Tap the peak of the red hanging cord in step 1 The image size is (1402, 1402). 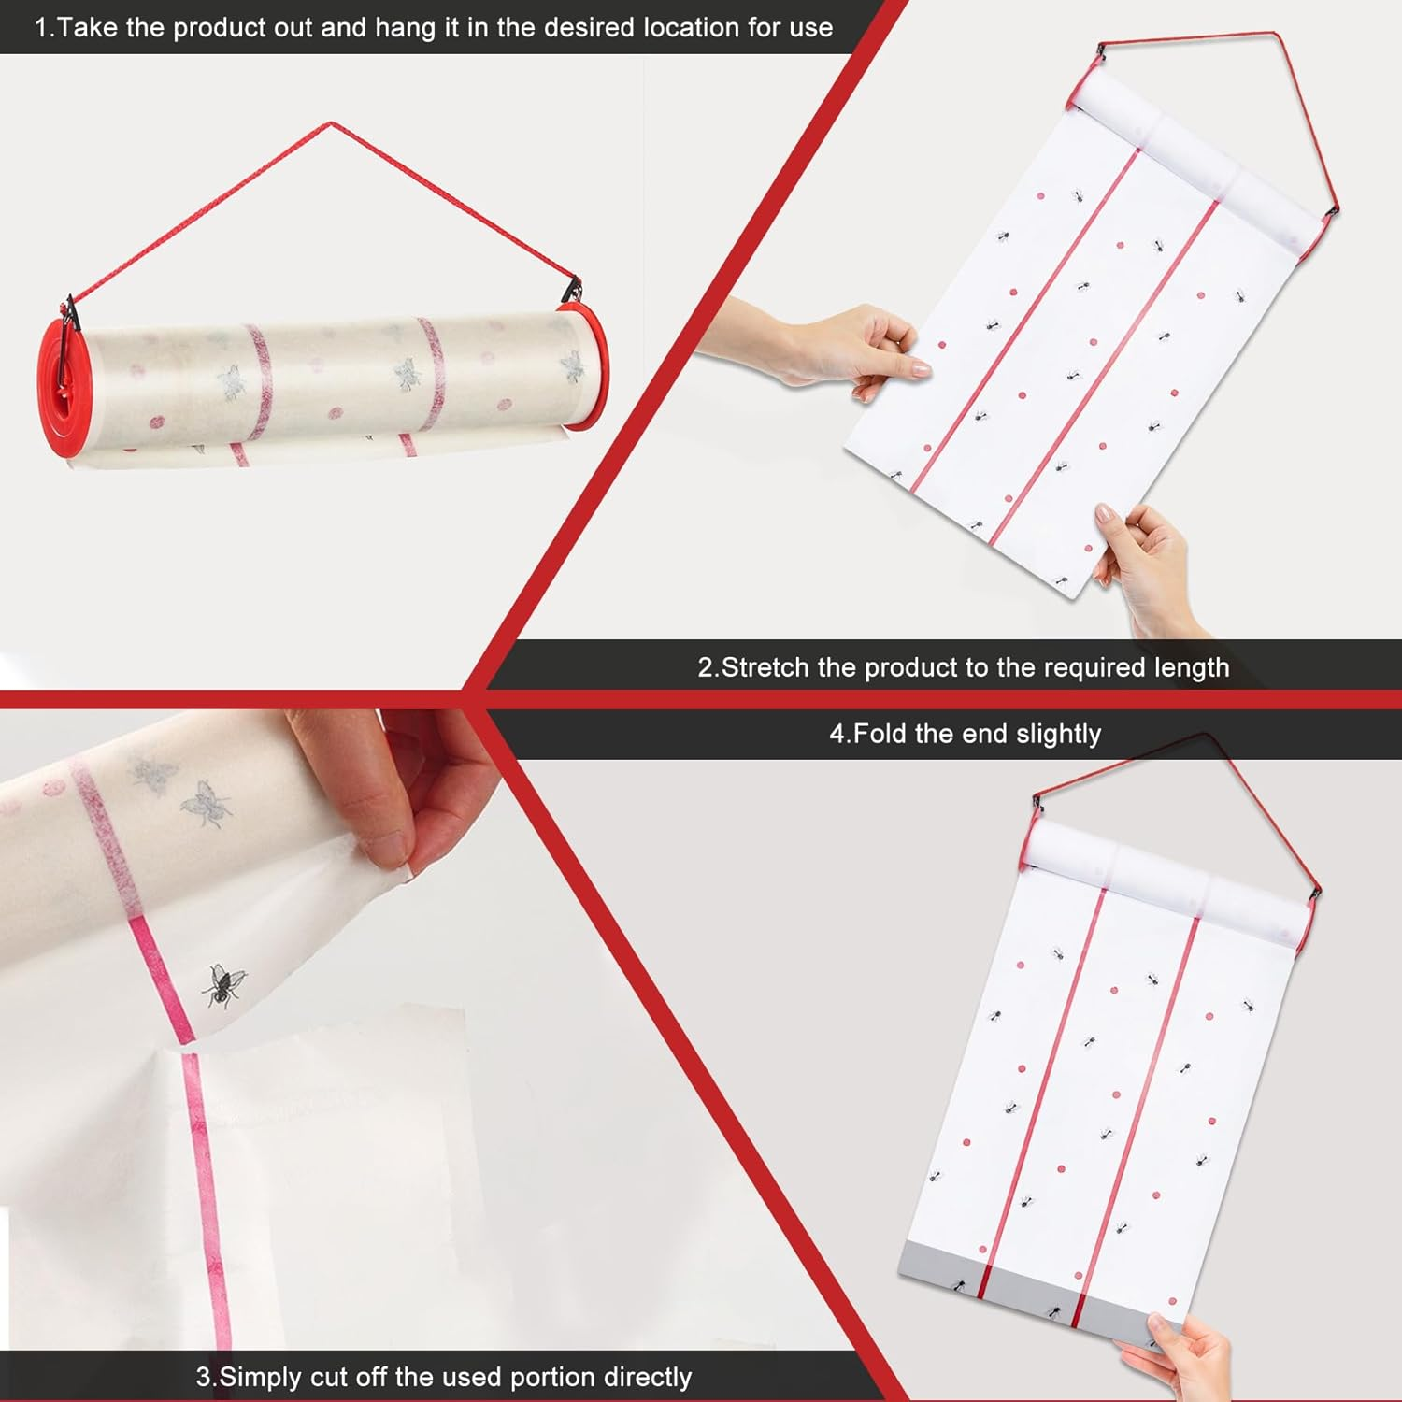click(x=330, y=123)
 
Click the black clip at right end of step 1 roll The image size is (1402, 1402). click(x=572, y=292)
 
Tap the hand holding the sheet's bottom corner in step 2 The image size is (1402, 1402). click(x=1145, y=565)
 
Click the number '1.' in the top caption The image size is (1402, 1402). click(x=45, y=27)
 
